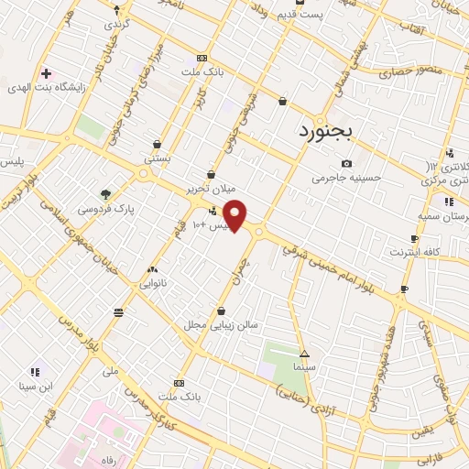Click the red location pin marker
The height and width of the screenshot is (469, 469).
[x=235, y=216]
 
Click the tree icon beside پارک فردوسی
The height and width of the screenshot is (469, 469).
[x=106, y=194]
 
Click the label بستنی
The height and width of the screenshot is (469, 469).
[x=157, y=158]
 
